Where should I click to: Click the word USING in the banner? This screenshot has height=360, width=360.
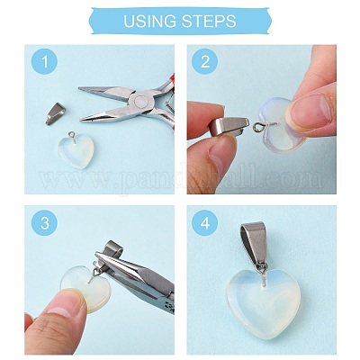pos(150,22)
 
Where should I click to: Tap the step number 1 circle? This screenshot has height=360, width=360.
pos(44,62)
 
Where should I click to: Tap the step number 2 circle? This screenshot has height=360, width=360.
pos(205,62)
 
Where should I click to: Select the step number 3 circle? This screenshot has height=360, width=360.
pos(44,223)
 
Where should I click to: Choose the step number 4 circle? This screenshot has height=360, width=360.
pos(205,223)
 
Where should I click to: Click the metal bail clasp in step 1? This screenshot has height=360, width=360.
pos(56,113)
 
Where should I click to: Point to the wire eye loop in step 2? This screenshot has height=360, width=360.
pos(257,128)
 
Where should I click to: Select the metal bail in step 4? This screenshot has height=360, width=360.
pos(254,244)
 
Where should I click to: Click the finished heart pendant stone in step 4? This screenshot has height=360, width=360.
pos(262,302)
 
